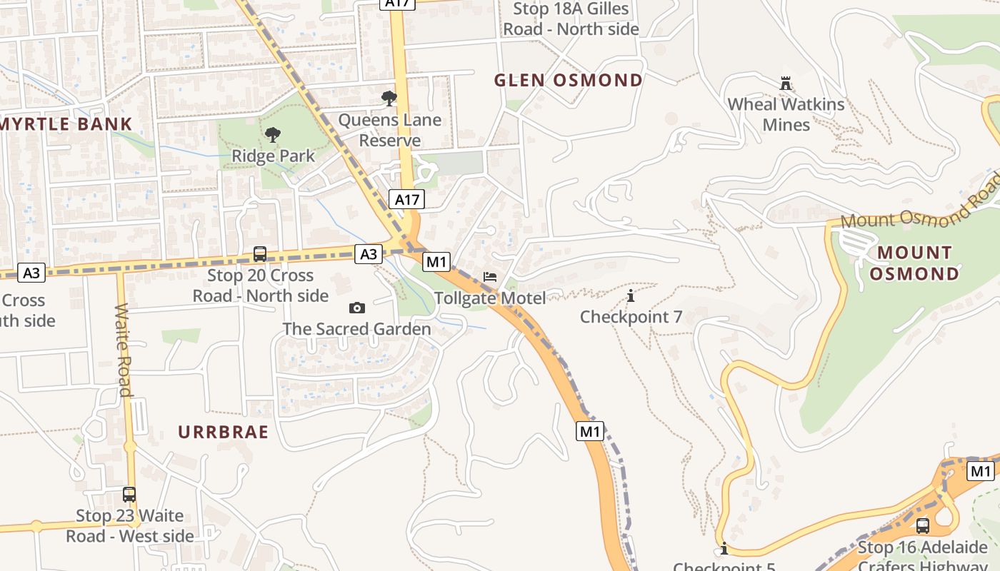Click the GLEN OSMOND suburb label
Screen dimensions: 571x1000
pyautogui.click(x=569, y=80)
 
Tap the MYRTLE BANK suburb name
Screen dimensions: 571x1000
pyautogui.click(x=66, y=124)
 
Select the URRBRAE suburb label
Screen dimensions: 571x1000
pyautogui.click(x=223, y=432)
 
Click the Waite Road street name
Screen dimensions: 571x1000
pyautogui.click(x=124, y=350)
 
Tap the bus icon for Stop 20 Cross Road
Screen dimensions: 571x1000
pyautogui.click(x=260, y=254)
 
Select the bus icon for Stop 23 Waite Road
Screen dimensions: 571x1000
pyautogui.click(x=129, y=495)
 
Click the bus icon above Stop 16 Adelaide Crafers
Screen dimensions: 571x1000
pyautogui.click(x=923, y=526)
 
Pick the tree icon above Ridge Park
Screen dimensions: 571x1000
pyautogui.click(x=272, y=134)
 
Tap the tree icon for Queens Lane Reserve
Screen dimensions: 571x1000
pyautogui.click(x=389, y=98)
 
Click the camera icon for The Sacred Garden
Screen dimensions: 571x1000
pyautogui.click(x=356, y=308)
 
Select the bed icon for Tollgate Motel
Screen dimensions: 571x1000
pyautogui.click(x=490, y=277)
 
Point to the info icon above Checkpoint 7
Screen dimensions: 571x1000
pyautogui.click(x=630, y=295)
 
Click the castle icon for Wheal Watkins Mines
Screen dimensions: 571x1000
pyautogui.click(x=786, y=84)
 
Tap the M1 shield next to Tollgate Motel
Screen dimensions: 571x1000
pyautogui.click(x=436, y=262)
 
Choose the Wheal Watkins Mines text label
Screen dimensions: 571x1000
pyautogui.click(x=786, y=114)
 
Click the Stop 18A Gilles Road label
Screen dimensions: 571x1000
pyautogui.click(x=571, y=19)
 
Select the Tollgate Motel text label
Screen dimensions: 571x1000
pyautogui.click(x=490, y=298)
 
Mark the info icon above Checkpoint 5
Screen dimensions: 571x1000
pyautogui.click(x=724, y=548)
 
